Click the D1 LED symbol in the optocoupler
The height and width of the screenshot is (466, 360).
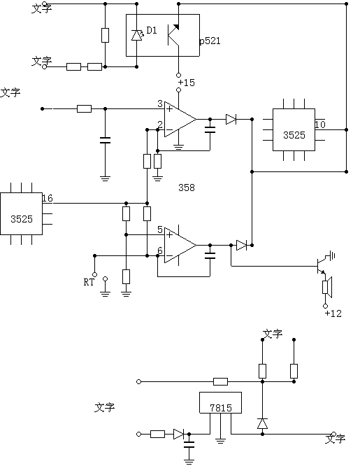(x=136, y=36)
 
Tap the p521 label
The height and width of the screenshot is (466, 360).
(x=210, y=41)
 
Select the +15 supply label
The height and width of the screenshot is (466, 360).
(x=186, y=83)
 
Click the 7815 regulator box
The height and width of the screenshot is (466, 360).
(x=220, y=403)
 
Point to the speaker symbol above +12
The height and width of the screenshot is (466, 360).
(x=327, y=287)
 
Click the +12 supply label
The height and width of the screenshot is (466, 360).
(x=333, y=313)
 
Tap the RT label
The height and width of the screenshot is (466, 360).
(x=89, y=282)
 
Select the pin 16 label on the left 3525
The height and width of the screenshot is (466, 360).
(x=48, y=198)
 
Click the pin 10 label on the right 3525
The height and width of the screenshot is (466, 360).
(x=320, y=125)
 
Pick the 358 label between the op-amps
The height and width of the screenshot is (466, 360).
(x=187, y=188)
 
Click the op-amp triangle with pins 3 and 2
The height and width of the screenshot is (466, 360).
(x=180, y=120)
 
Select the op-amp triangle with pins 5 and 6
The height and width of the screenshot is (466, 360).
(x=180, y=246)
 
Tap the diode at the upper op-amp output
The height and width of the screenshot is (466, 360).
(x=231, y=120)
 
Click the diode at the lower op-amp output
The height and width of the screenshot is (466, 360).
(x=241, y=245)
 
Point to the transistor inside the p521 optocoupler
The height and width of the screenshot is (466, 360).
(x=173, y=36)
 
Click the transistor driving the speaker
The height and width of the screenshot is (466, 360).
(x=321, y=266)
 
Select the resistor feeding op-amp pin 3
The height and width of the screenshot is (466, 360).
(x=84, y=108)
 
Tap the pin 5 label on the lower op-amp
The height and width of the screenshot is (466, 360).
(x=160, y=230)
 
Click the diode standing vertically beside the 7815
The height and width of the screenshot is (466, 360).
(x=262, y=423)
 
